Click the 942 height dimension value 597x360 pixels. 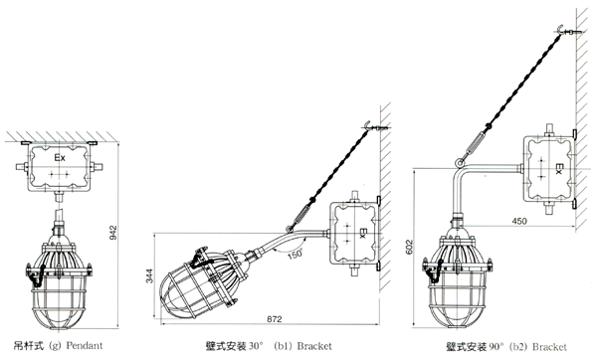pos(113,233)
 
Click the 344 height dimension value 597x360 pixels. pos(149,275)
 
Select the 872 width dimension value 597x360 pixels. pos(275,319)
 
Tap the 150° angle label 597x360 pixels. pos(295,255)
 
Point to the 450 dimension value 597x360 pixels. pos(519,221)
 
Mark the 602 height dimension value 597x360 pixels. pos(409,247)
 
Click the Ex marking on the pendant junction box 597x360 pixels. pos(60,157)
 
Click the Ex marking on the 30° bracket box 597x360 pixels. pos(362,234)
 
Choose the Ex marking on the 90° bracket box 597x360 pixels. pos(558,169)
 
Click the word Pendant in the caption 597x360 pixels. pos(85,345)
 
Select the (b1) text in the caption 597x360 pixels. pos(283,346)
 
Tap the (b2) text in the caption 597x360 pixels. pos(518,347)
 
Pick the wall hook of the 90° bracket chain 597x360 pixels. pos(560,30)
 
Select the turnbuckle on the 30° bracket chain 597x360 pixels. pos(301,216)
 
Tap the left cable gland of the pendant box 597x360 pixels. pos(22,167)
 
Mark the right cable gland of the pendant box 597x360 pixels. pos(97,167)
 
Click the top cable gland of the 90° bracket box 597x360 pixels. pos(548,129)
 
